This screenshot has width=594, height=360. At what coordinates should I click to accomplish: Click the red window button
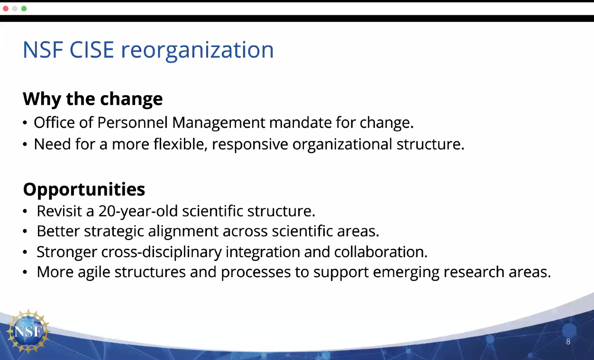pyautogui.click(x=6, y=9)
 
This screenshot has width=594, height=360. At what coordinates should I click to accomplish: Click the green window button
pyautogui.click(x=24, y=9)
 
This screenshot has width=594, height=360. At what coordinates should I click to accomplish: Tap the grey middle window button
pyautogui.click(x=15, y=9)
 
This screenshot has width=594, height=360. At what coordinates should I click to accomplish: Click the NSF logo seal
pyautogui.click(x=28, y=331)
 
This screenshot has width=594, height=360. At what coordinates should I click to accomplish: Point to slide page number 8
pyautogui.click(x=568, y=342)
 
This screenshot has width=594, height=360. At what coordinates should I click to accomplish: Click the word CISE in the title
pyautogui.click(x=92, y=50)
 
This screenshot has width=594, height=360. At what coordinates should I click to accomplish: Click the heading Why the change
pyautogui.click(x=93, y=99)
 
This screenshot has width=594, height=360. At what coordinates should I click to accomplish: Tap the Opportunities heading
pyautogui.click(x=84, y=189)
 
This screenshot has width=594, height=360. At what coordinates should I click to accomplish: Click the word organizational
pyautogui.click(x=342, y=145)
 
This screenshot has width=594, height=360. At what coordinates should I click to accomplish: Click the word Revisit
pyautogui.click(x=59, y=211)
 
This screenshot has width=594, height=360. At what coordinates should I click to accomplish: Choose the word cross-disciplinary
pyautogui.click(x=161, y=252)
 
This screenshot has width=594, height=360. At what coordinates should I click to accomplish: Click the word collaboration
pyautogui.click(x=381, y=252)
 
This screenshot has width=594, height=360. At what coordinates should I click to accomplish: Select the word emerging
pyautogui.click(x=406, y=272)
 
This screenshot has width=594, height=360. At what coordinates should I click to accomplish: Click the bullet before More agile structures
pyautogui.click(x=25, y=272)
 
